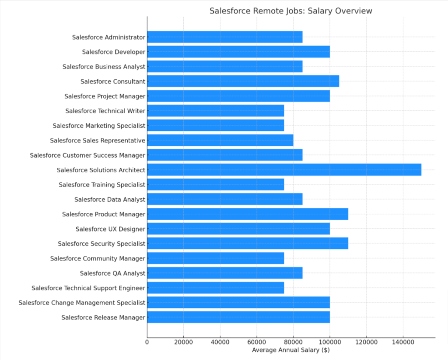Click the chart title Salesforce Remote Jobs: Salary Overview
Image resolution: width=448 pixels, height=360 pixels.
(290, 11)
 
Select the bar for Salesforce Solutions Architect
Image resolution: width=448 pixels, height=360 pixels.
(284, 169)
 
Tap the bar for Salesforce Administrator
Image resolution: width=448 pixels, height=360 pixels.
(225, 37)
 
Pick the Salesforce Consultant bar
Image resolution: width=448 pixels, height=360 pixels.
(243, 81)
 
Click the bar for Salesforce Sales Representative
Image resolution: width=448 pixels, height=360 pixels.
(220, 140)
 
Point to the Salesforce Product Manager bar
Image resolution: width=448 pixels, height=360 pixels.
(248, 214)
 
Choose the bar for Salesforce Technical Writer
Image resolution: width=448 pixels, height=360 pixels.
(216, 110)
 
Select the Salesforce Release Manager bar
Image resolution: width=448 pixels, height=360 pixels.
(238, 317)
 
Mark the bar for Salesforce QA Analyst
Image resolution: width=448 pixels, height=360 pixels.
(225, 273)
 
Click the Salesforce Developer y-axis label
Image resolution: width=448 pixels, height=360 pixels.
(113, 52)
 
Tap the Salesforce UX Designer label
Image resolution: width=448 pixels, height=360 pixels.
(110, 229)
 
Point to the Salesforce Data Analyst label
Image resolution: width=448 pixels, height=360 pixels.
(109, 199)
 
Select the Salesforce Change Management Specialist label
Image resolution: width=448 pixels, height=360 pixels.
(82, 303)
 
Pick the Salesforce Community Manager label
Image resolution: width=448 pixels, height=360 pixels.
(98, 258)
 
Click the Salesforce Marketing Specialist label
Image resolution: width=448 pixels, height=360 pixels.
(99, 125)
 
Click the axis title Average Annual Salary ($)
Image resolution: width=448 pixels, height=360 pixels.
(290, 350)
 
